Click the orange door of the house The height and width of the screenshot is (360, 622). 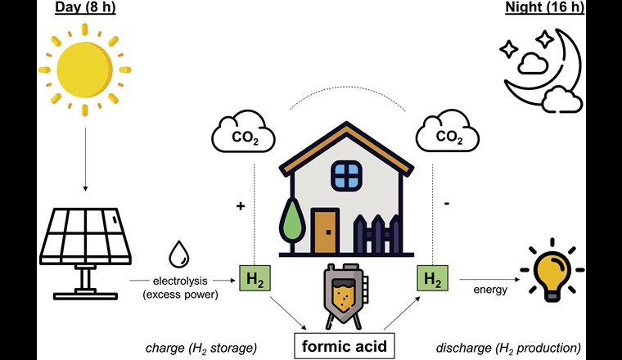point(325,232)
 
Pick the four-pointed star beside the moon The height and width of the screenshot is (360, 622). point(508,49)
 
